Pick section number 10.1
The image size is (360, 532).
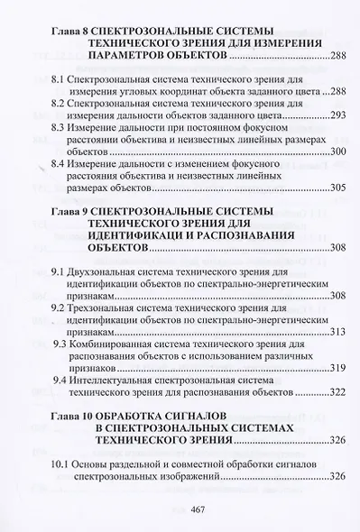tap(62, 463)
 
